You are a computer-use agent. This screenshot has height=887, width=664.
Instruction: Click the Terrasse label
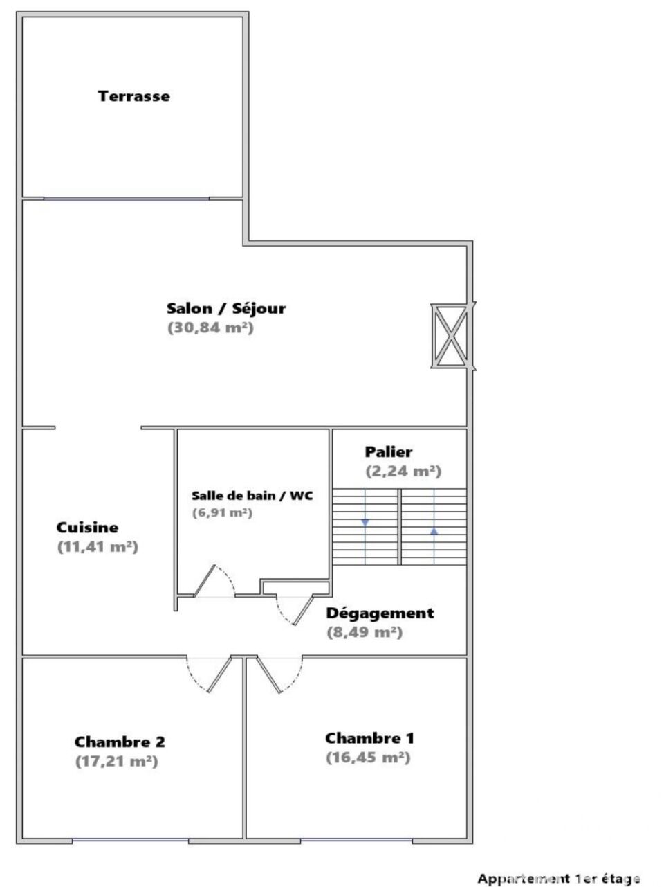(133, 96)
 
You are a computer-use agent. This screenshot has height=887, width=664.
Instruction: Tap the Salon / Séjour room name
(226, 308)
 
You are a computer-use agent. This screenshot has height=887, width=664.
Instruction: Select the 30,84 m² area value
(211, 328)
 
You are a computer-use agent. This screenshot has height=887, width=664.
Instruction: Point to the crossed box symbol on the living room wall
(452, 337)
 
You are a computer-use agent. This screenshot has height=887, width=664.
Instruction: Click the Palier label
(388, 451)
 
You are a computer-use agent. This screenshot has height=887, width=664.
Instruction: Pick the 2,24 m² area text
(403, 471)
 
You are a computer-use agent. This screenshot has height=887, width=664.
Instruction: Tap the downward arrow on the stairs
(365, 523)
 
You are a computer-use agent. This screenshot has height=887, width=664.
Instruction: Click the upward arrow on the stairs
(434, 531)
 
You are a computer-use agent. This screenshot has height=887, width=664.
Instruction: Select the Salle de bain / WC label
(252, 496)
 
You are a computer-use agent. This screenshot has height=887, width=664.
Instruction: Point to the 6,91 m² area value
(222, 513)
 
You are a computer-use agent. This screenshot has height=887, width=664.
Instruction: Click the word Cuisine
(87, 528)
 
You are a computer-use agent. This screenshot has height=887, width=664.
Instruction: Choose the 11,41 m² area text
(98, 547)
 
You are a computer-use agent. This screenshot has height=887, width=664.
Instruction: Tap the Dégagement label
(380, 613)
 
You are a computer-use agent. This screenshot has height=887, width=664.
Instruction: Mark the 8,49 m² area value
(365, 632)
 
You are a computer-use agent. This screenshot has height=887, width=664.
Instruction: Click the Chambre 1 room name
(369, 738)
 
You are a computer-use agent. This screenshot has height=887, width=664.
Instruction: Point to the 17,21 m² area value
(117, 762)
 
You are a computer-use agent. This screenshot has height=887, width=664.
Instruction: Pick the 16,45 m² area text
(368, 758)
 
